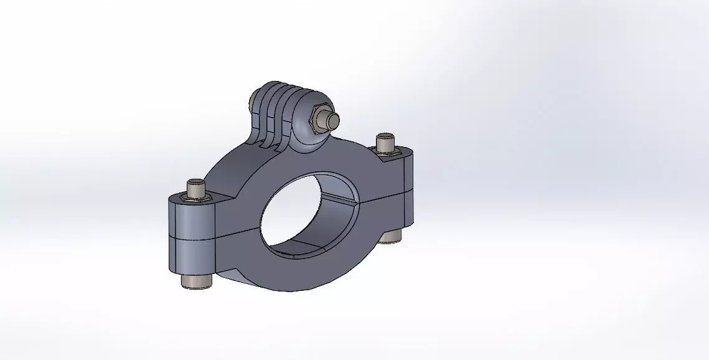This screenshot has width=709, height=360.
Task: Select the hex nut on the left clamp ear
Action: [x=195, y=197]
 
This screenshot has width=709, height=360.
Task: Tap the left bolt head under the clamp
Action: [x=197, y=281]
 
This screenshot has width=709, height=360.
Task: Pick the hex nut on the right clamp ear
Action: [x=385, y=149]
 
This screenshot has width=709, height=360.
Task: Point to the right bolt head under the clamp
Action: [x=392, y=235]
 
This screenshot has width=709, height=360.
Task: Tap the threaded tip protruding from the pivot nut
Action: [x=333, y=119]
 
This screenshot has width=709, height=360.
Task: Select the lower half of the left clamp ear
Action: [x=191, y=255]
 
